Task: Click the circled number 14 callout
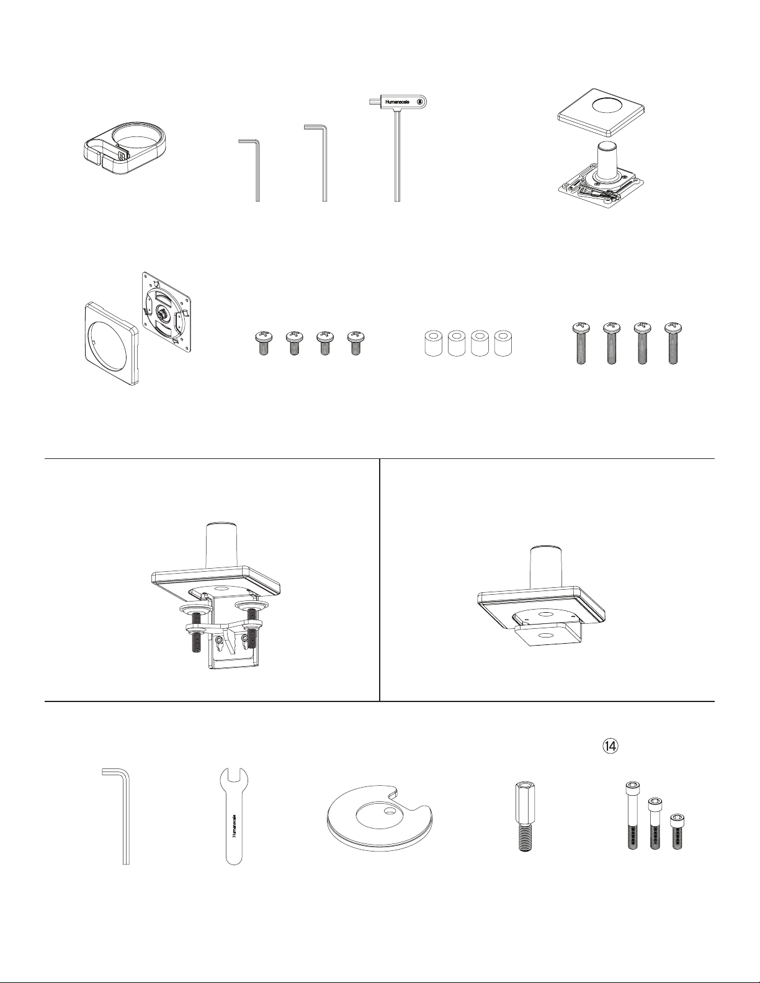(610, 747)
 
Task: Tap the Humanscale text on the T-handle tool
(397, 102)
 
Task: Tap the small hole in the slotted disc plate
(388, 812)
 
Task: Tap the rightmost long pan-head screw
(673, 344)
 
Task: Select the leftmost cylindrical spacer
(434, 344)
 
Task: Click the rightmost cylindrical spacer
(504, 344)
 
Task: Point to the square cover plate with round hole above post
(601, 112)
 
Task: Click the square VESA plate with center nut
(166, 312)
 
